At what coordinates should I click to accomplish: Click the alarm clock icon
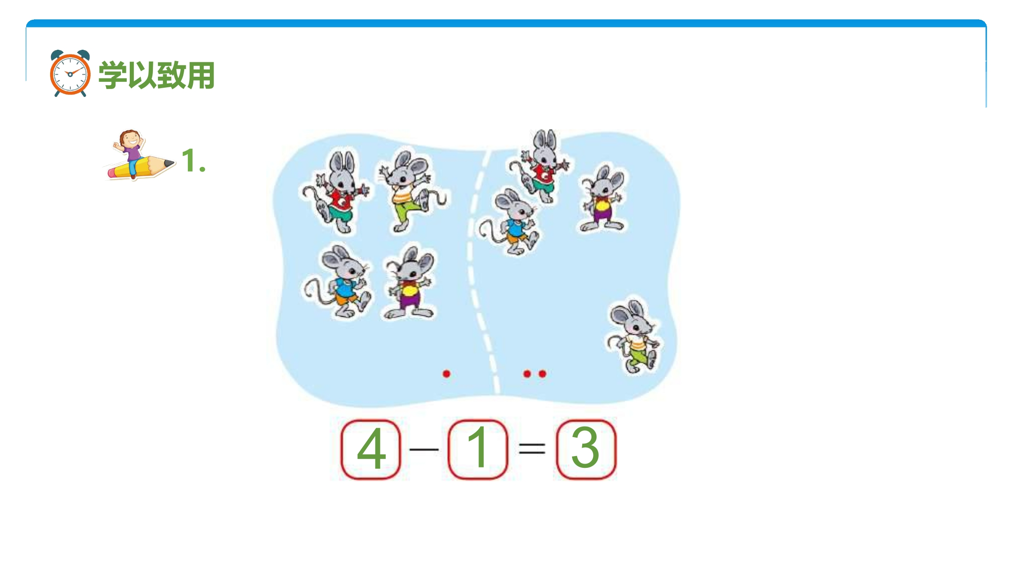[70, 73]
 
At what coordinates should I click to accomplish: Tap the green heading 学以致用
[157, 75]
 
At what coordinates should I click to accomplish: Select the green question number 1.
[193, 161]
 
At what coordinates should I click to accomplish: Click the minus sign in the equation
[424, 449]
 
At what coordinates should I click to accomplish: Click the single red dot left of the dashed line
[447, 373]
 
